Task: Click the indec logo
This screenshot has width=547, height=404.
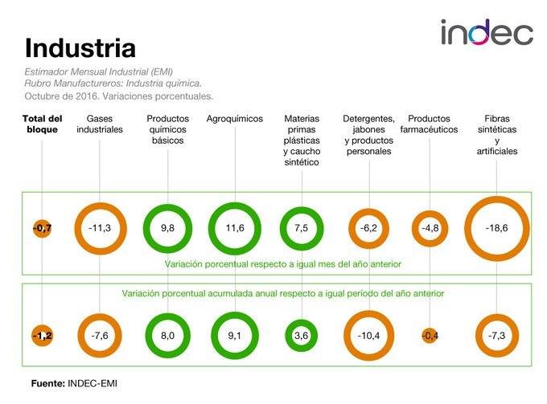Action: pyautogui.click(x=487, y=33)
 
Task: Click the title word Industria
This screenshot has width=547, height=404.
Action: pyautogui.click(x=80, y=47)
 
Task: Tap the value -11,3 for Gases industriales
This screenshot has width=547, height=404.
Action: pyautogui.click(x=100, y=228)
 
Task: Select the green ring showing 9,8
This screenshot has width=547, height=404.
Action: pyautogui.click(x=167, y=228)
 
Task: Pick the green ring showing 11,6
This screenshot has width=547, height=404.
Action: pyautogui.click(x=235, y=228)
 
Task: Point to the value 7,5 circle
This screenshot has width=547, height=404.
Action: pyautogui.click(x=302, y=228)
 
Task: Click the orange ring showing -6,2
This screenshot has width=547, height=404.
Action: pyautogui.click(x=368, y=228)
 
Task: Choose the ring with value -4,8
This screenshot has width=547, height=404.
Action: pyautogui.click(x=433, y=228)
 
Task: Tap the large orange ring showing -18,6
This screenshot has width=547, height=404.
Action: pyautogui.click(x=496, y=228)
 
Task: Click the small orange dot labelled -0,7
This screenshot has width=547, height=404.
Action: pyautogui.click(x=43, y=229)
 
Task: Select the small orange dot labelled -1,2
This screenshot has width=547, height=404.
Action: pyautogui.click(x=43, y=336)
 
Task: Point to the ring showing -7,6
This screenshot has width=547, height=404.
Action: pyautogui.click(x=100, y=336)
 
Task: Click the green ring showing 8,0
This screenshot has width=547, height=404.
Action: pyautogui.click(x=167, y=336)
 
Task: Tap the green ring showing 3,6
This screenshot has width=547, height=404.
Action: pyautogui.click(x=302, y=336)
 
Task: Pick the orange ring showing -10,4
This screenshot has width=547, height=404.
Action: pyautogui.click(x=368, y=336)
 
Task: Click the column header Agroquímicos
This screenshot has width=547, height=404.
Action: pyautogui.click(x=235, y=119)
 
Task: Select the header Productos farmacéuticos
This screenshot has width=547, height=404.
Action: pyautogui.click(x=434, y=124)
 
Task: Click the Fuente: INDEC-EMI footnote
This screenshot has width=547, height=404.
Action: pyautogui.click(x=74, y=383)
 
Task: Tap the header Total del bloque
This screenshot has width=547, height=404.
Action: pyautogui.click(x=42, y=124)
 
